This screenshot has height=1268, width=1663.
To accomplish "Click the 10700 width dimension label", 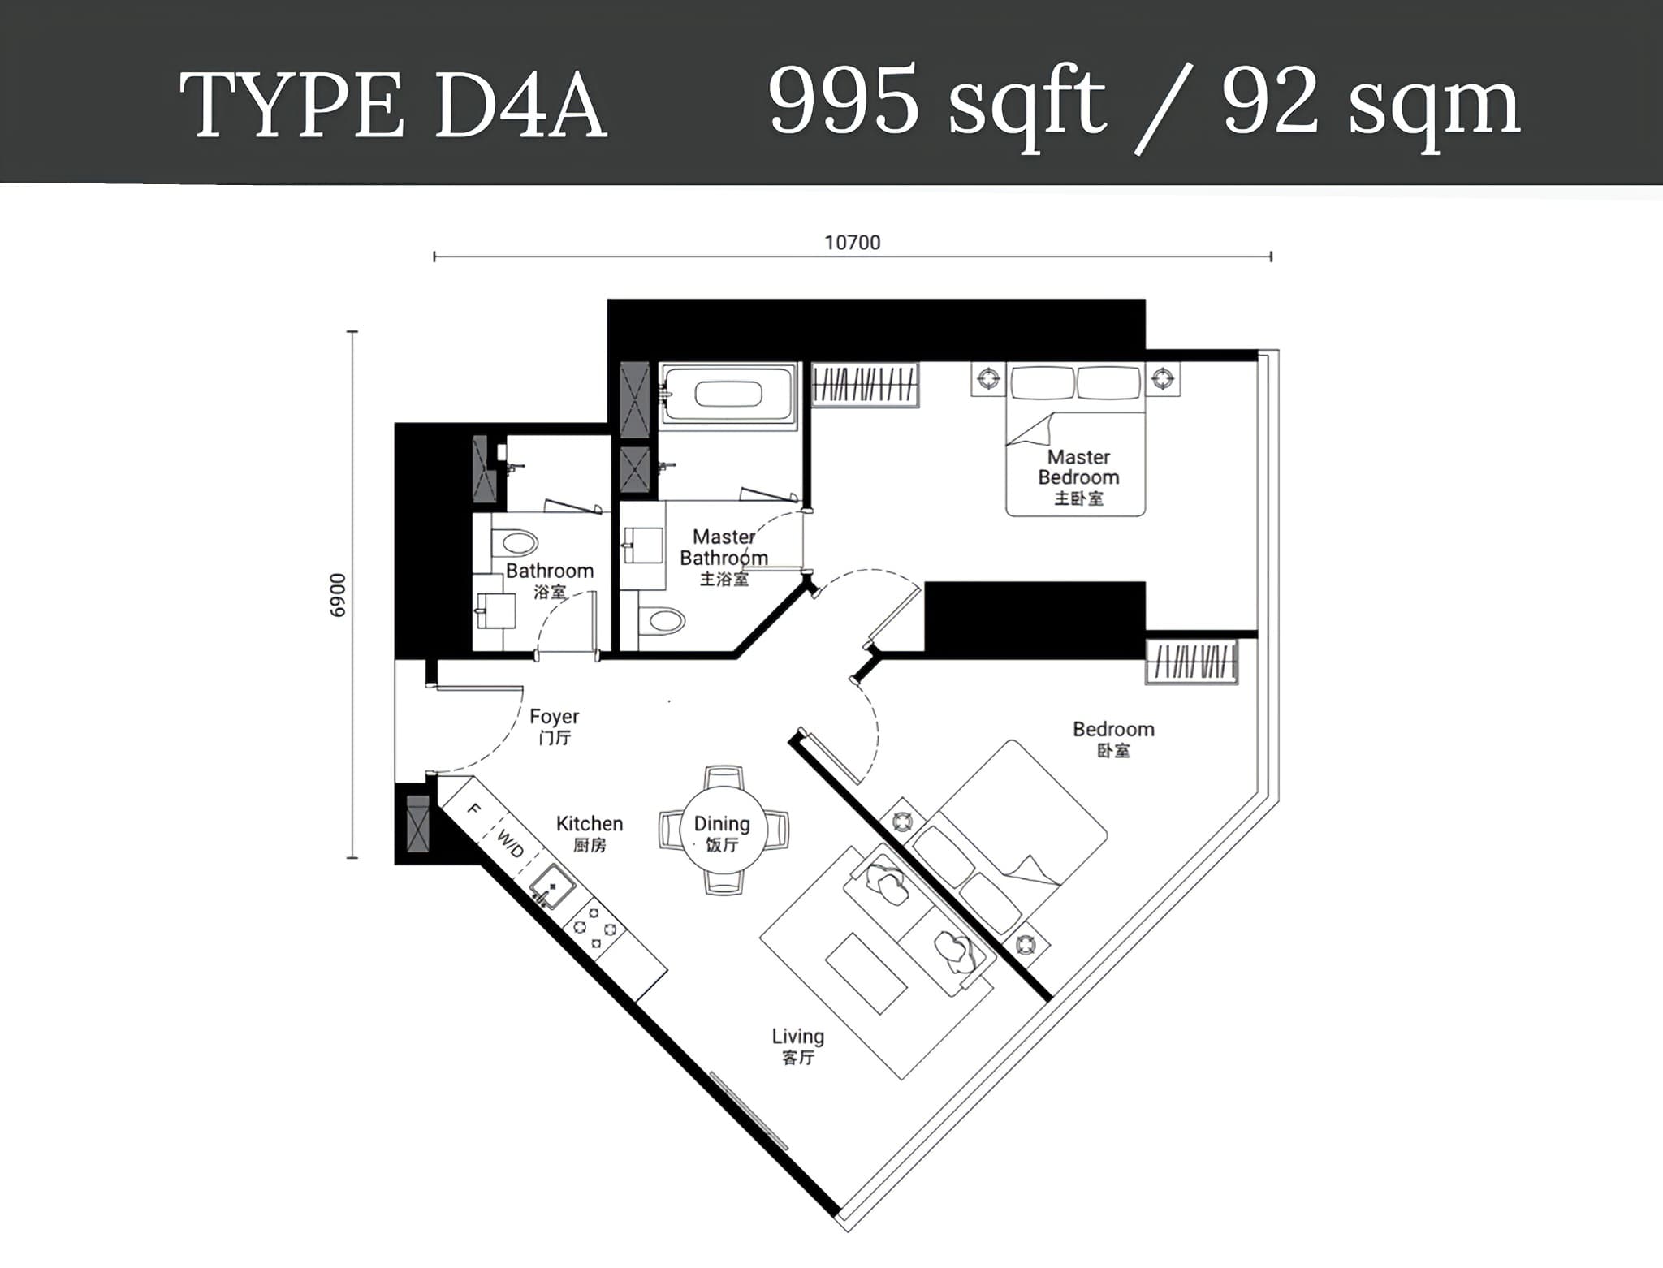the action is (x=852, y=242).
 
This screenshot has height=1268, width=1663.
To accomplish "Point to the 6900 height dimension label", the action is (x=338, y=595).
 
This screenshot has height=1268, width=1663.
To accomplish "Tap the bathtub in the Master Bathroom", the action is (x=728, y=393).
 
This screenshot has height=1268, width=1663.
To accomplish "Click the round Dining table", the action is (x=722, y=830).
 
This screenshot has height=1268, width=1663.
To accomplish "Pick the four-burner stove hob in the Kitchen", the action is (x=595, y=928).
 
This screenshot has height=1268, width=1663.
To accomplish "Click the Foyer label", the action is (x=555, y=717).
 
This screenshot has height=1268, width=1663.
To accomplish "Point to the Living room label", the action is (x=797, y=1037).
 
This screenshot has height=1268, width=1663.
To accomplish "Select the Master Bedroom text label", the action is (x=1078, y=467).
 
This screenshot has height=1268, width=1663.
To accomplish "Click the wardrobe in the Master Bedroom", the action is (x=866, y=385).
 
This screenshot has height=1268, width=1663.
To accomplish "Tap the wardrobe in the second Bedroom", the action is (x=1192, y=662).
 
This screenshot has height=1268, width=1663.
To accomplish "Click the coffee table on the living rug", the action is (x=866, y=973).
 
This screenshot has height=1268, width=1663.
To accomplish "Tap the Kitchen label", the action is (x=590, y=824).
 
